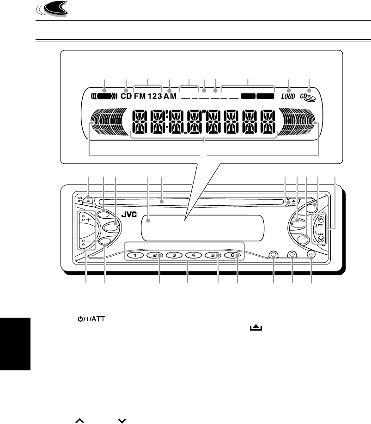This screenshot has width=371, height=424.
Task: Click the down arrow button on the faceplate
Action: [x=322, y=240]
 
